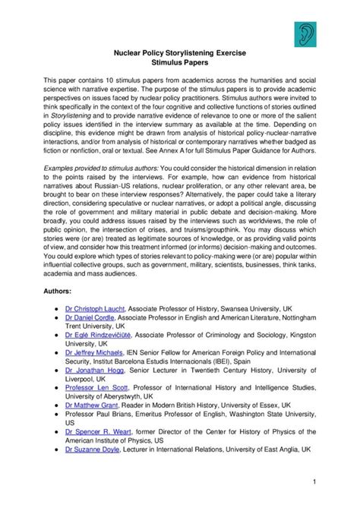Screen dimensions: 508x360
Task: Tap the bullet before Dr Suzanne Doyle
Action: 58,471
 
